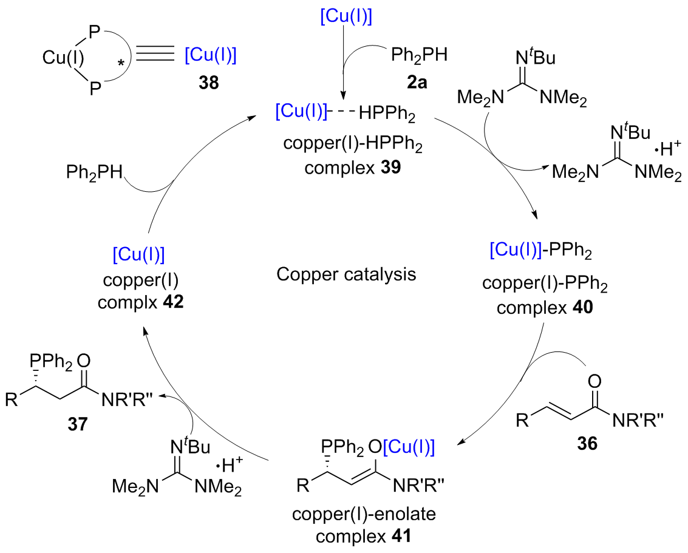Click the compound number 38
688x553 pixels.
(209, 81)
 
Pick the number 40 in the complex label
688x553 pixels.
(581, 307)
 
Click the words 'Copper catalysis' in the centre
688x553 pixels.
(346, 274)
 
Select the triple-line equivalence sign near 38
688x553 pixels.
(154, 56)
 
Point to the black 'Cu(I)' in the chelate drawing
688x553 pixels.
(63, 58)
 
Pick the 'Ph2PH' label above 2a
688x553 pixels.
(418, 58)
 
